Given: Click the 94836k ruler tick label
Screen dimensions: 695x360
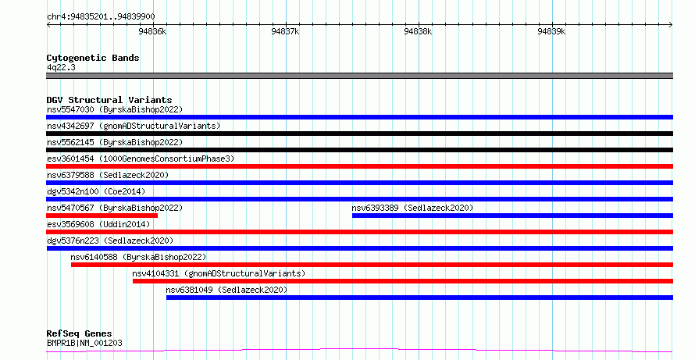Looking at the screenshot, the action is [x=152, y=31].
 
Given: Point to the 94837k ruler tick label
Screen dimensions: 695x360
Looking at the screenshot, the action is [x=286, y=31].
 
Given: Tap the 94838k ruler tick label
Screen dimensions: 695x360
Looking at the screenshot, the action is [x=418, y=31].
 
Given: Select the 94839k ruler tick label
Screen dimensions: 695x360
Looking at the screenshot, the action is [x=551, y=31].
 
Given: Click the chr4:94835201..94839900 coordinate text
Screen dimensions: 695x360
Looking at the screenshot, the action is [x=101, y=17].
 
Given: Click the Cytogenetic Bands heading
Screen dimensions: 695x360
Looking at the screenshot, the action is [x=93, y=58].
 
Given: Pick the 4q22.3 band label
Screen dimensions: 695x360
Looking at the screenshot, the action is [x=61, y=67].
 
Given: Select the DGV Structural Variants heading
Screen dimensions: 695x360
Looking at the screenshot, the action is [x=109, y=100].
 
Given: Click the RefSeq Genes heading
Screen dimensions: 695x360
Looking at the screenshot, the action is [x=79, y=333].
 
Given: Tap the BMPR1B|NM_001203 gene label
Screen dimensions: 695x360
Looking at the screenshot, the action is [x=84, y=343].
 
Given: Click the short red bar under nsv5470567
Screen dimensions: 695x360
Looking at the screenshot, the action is [x=102, y=216].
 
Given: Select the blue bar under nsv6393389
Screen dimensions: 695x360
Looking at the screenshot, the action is [x=512, y=216].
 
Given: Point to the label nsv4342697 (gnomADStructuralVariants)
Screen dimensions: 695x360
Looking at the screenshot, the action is [x=134, y=126].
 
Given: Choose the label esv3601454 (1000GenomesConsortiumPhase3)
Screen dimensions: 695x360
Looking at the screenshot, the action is [x=141, y=159].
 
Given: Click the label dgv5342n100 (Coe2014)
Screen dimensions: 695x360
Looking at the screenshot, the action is [x=96, y=191].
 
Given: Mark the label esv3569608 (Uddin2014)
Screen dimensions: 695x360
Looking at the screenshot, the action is [x=98, y=224].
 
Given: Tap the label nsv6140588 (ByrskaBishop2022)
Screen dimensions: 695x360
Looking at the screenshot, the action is [x=138, y=257].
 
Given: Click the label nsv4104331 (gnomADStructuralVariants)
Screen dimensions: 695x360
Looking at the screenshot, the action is [x=219, y=273].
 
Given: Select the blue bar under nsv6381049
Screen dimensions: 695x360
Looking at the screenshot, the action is [x=420, y=298].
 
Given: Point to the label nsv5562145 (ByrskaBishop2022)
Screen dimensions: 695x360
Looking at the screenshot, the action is [x=115, y=142].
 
